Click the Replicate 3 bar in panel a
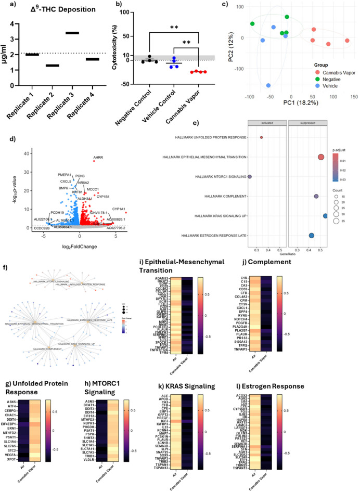point(72,33)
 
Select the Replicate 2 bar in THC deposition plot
point(51,66)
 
